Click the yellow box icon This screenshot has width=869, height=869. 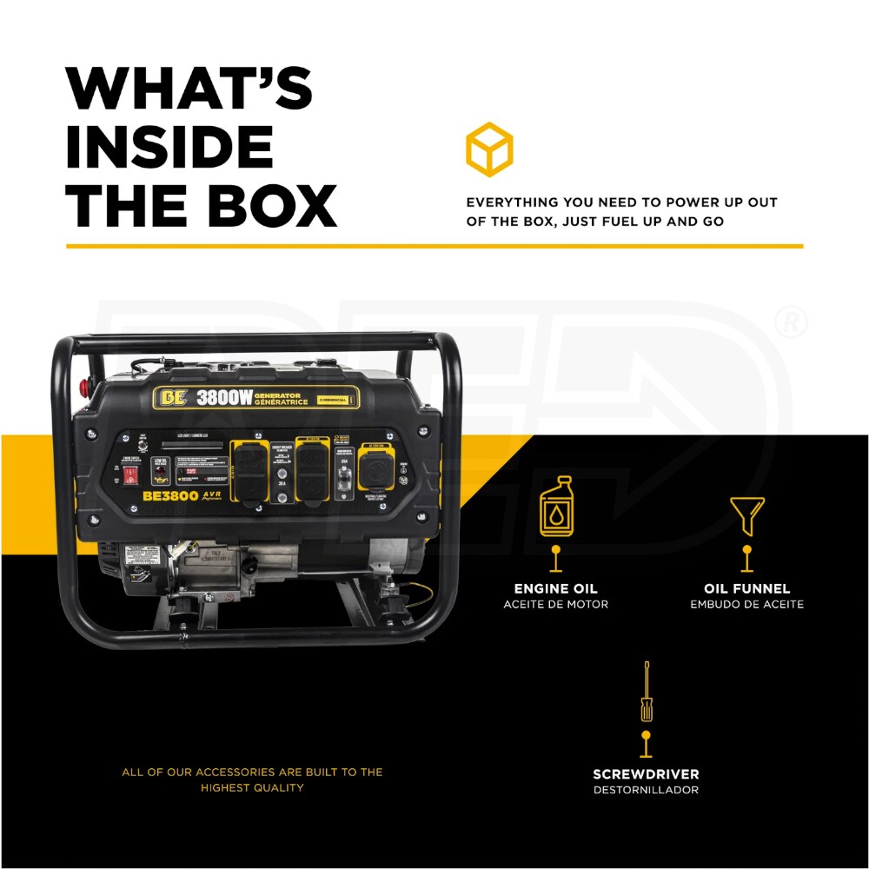click(489, 149)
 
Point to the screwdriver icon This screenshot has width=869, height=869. click(646, 692)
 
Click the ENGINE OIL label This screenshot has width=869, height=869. click(556, 589)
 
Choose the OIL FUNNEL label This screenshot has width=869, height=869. click(747, 589)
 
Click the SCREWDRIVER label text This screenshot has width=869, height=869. click(646, 774)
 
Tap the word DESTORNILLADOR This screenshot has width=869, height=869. click(646, 790)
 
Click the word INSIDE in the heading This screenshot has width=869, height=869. click(169, 146)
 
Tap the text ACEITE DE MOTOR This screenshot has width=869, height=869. click(556, 605)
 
